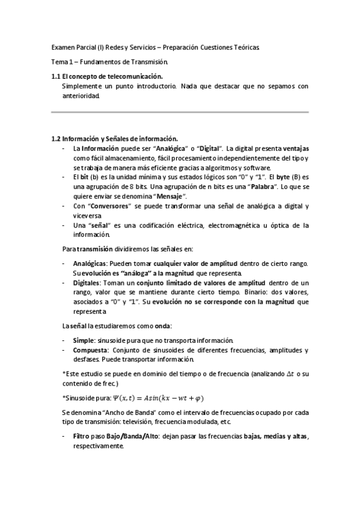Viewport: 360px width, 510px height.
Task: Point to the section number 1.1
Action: pyautogui.click(x=56, y=76)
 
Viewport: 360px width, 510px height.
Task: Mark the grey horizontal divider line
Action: pyautogui.click(x=180, y=112)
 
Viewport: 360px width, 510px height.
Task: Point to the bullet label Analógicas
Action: pyautogui.click(x=90, y=264)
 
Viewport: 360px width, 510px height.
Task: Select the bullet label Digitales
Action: pyautogui.click(x=86, y=283)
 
